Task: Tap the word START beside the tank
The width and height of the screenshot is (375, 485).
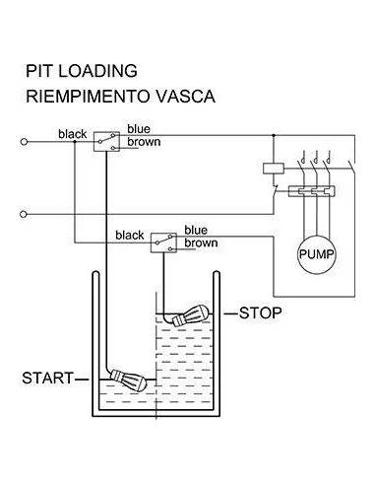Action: (48, 379)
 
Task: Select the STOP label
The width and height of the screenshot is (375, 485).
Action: (261, 312)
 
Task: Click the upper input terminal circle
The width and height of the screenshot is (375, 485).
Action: (24, 142)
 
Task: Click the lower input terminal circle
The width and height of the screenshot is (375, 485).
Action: (23, 214)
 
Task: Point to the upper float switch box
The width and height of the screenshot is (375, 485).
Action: (106, 142)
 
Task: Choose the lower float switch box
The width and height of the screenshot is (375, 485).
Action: (163, 242)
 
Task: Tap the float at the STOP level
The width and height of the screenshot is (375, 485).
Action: (191, 315)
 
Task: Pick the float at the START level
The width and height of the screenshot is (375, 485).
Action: (128, 381)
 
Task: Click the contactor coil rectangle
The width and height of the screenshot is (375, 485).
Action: (274, 169)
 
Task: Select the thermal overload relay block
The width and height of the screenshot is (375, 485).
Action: (312, 191)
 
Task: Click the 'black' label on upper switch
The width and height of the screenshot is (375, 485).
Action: (73, 134)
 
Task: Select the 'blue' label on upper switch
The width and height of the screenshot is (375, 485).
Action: (139, 129)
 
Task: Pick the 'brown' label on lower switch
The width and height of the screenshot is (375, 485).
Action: (201, 242)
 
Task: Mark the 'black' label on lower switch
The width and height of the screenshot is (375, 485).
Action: (130, 236)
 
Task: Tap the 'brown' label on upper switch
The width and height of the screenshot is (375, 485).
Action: (144, 142)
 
